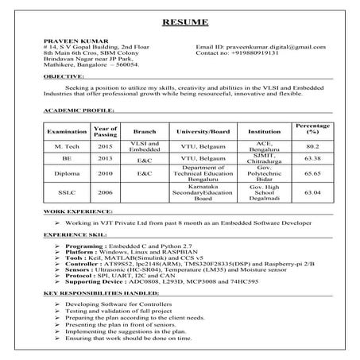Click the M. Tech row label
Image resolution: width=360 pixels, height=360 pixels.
[x=61, y=147]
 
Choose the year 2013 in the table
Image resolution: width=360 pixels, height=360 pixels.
[x=105, y=159]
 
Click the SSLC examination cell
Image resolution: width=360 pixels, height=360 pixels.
[x=61, y=192]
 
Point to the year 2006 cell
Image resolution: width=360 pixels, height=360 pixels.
[x=105, y=192]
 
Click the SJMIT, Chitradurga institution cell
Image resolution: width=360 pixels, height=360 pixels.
[x=264, y=159]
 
